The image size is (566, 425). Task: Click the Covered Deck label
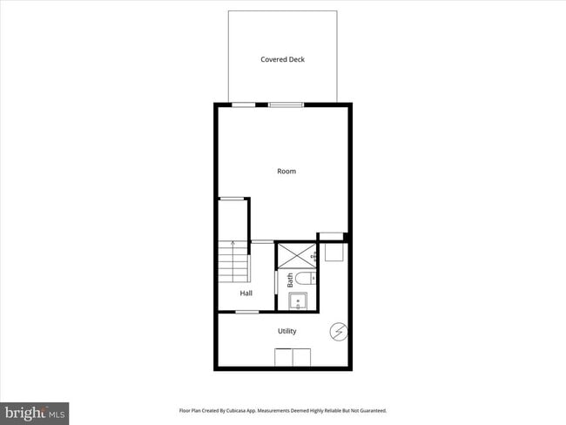[283, 59]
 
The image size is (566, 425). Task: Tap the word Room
[286, 171]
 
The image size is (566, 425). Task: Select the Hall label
[246, 293]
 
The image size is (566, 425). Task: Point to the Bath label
[290, 280]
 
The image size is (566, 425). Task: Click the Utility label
[286, 331]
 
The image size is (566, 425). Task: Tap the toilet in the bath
[304, 280]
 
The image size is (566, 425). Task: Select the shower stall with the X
[297, 255]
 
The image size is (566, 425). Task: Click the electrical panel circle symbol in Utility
[339, 331]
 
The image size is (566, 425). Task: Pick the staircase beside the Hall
[232, 262]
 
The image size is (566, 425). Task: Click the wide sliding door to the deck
[286, 105]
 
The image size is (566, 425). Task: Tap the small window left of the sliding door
[243, 105]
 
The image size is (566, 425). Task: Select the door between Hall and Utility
[247, 311]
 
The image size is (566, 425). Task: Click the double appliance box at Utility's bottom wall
[293, 357]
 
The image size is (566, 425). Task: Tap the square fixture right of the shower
[334, 253]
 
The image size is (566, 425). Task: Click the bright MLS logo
[35, 412]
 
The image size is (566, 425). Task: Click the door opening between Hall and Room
[262, 241]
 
